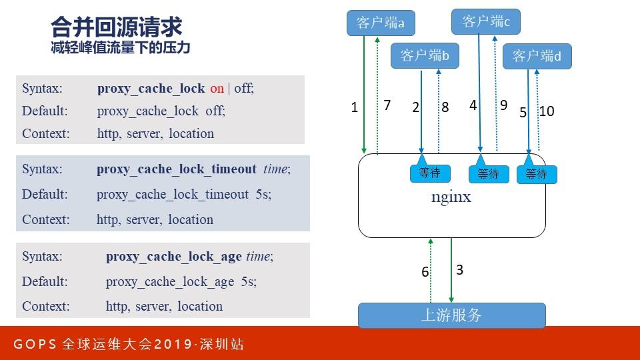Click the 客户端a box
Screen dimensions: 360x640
pos(381,23)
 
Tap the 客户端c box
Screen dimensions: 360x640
pos(485,22)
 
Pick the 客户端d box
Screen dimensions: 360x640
pos(537,57)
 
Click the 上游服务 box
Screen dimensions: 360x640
pos(451,315)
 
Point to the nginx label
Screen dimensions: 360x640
pos(451,197)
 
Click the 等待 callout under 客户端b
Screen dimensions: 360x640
pos(429,173)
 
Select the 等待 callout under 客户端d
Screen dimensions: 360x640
pos(536,174)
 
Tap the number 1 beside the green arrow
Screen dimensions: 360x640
pos(355,107)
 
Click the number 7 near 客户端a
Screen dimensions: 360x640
pos(387,105)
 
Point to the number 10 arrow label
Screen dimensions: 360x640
pos(547,111)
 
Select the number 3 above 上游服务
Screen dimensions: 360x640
pos(459,270)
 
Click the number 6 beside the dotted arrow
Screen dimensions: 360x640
pos(425,272)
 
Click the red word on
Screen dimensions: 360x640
pos(217,88)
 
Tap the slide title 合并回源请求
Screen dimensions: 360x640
pos(117,27)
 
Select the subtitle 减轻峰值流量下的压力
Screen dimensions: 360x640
pos(120,49)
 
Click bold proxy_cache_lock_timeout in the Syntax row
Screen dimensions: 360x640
pos(176,169)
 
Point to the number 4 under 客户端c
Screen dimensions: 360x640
pos(473,105)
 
